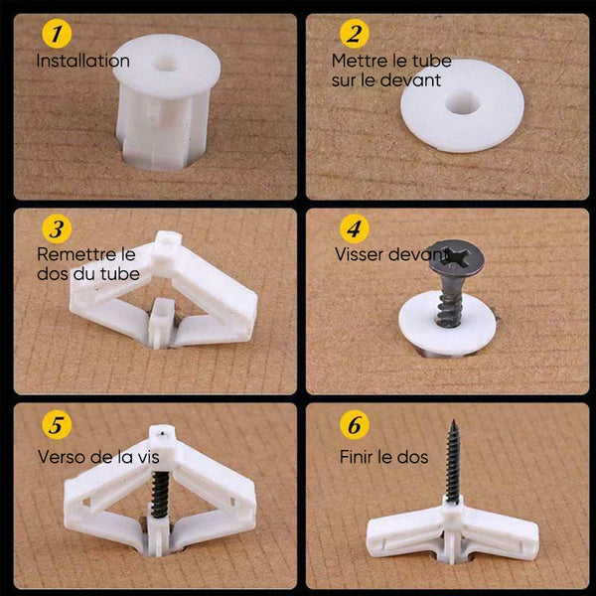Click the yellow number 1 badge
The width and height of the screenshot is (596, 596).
[x=57, y=34]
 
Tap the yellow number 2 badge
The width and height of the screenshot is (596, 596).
[x=355, y=34]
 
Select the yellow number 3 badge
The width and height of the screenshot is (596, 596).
[x=57, y=228]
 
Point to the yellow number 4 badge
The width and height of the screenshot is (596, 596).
[x=355, y=228]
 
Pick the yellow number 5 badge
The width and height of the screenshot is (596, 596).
[x=57, y=425]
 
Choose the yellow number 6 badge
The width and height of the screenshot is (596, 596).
[x=355, y=425]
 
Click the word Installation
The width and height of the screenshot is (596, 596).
[x=82, y=61]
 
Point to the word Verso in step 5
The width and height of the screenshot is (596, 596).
[x=60, y=457]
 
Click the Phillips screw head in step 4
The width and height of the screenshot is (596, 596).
[x=456, y=257]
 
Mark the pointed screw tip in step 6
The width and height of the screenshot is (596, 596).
[x=453, y=421]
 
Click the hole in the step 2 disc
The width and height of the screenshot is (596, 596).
[x=462, y=102]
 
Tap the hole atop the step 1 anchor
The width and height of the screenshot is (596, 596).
[x=167, y=64]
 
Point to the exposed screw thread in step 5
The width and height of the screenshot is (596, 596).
[x=161, y=494]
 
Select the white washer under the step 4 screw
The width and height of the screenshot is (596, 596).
[x=447, y=324]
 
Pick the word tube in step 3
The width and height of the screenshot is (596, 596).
[x=120, y=274]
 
